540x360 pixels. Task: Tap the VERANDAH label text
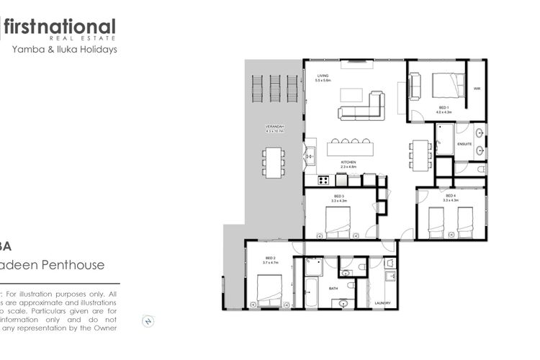click(x=275, y=127)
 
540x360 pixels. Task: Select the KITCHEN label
click(x=348, y=162)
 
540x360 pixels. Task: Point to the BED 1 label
click(x=443, y=109)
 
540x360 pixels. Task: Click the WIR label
click(x=477, y=89)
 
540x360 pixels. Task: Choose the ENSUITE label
click(x=465, y=145)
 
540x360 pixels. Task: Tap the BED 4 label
click(x=451, y=196)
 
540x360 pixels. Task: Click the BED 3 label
click(x=339, y=196)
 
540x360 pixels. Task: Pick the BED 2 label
click(x=271, y=258)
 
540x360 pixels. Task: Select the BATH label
click(x=333, y=288)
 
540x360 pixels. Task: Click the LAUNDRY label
click(x=382, y=303)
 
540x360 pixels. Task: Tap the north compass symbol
click(x=149, y=320)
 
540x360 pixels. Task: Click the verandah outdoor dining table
click(x=273, y=162)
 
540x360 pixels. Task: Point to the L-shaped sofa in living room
click(x=360, y=107)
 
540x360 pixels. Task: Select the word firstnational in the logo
click(x=59, y=27)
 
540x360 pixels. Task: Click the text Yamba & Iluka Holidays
click(x=65, y=50)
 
